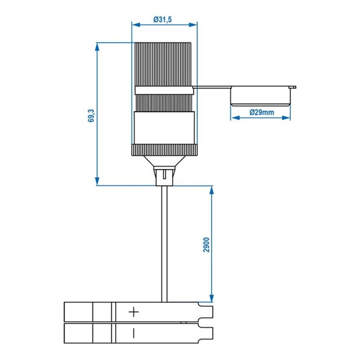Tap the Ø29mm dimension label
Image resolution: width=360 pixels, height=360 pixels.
tap(261, 112)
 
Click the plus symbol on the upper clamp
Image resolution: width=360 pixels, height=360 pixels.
tap(133, 312)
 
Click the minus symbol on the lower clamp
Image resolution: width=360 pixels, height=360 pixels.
tap(133, 333)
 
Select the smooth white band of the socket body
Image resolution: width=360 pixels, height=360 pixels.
tap(164, 128)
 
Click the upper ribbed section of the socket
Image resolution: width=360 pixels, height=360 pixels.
tap(164, 64)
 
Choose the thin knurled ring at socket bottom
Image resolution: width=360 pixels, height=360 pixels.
tap(164, 150)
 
